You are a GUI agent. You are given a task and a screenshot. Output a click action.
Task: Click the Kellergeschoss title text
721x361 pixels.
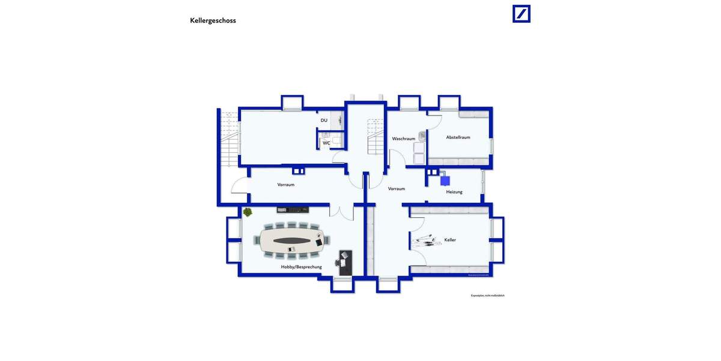(x=213, y=20)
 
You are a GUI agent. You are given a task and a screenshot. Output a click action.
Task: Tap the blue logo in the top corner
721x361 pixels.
(x=521, y=14)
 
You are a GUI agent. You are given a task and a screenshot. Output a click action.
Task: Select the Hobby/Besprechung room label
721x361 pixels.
(x=301, y=267)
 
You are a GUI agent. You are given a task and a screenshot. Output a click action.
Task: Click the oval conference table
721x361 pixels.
(x=292, y=241)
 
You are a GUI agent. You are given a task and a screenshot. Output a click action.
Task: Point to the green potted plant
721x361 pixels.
(x=248, y=212)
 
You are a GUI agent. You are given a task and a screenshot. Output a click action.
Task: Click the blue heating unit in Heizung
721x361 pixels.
(x=445, y=180)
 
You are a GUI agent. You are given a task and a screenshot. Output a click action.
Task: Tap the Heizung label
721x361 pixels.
(x=454, y=192)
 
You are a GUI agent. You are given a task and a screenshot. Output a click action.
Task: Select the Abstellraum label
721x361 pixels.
(x=458, y=137)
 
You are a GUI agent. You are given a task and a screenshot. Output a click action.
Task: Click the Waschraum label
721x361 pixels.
(x=403, y=138)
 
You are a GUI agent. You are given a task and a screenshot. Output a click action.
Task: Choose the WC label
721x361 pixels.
(x=326, y=143)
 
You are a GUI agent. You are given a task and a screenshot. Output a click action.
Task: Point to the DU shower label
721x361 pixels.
(x=324, y=120)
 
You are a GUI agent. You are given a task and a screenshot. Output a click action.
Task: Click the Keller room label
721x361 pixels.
(x=450, y=240)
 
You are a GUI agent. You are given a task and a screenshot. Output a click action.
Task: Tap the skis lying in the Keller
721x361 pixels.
(x=424, y=241)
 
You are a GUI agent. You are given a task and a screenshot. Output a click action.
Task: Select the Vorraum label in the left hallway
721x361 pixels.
(x=286, y=185)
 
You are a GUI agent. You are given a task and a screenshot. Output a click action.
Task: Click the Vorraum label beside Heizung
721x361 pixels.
(x=397, y=189)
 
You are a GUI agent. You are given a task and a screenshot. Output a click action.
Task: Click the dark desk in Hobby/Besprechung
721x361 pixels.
(x=345, y=263)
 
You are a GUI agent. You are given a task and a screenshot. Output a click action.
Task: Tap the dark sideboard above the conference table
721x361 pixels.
(x=293, y=210)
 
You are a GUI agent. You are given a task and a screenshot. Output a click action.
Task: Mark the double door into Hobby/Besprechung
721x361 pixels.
(x=341, y=212)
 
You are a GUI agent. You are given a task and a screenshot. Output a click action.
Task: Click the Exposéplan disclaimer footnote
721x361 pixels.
(x=487, y=295)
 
